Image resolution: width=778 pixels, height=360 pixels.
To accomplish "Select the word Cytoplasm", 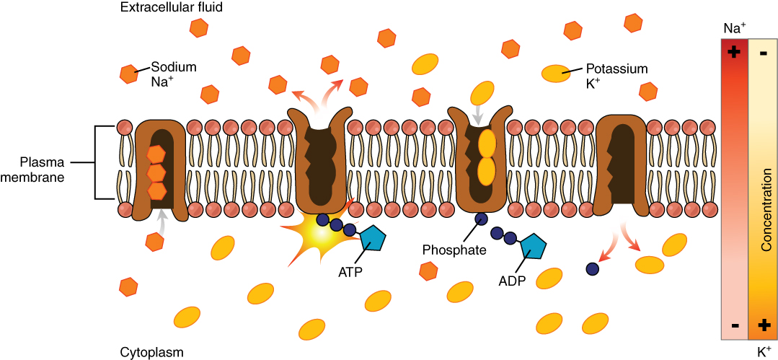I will [x=151, y=352].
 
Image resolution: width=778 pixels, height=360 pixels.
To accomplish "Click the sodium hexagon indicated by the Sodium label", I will [x=129, y=74].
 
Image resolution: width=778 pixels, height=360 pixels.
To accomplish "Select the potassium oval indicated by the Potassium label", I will [x=554, y=73].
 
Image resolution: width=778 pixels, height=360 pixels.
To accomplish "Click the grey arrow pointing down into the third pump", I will [x=477, y=114].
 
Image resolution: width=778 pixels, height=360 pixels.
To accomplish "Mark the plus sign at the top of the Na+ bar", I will [x=734, y=52].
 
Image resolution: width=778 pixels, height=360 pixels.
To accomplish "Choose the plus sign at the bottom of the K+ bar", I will [x=763, y=325].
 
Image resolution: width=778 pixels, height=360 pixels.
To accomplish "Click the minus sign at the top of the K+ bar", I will [x=763, y=53].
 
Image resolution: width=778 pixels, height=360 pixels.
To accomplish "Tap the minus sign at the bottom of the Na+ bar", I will [x=734, y=325].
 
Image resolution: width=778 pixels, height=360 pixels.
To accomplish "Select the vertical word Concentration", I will [x=765, y=210].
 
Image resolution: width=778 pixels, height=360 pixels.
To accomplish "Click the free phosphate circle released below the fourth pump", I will [x=593, y=269].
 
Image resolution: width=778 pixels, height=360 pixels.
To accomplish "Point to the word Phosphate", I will [x=454, y=250].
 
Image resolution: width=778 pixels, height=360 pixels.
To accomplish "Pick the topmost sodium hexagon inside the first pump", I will [x=156, y=154].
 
